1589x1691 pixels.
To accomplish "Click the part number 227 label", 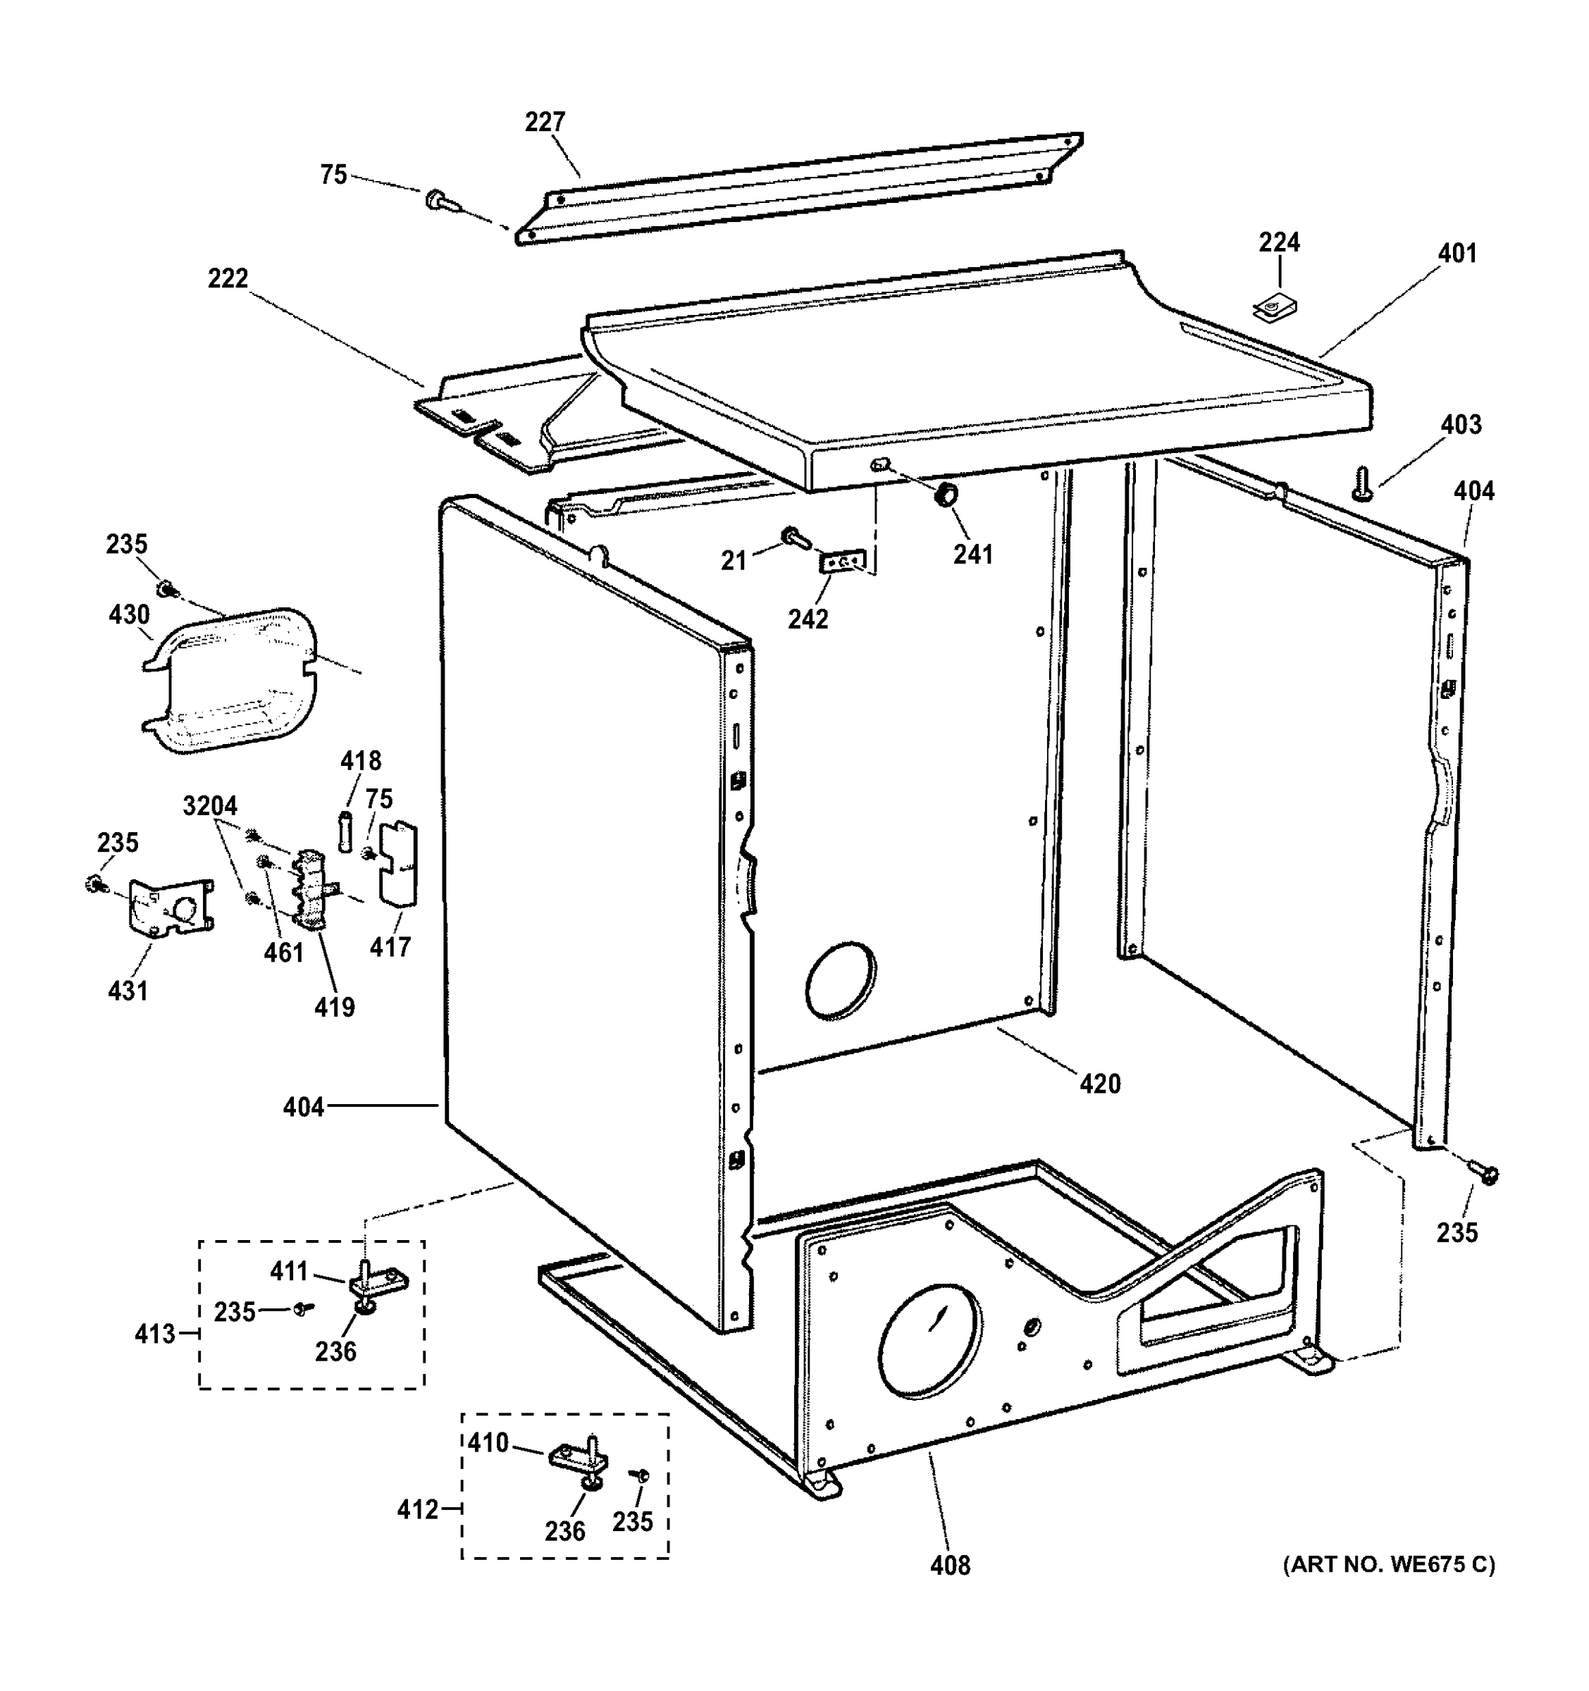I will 545,123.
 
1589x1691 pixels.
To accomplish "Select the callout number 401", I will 1457,254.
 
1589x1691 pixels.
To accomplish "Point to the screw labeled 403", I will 1360,484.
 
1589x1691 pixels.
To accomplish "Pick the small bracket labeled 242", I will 841,563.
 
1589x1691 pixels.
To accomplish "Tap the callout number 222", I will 228,278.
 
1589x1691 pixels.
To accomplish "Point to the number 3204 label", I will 210,805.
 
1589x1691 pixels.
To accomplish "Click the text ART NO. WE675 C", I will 1388,1564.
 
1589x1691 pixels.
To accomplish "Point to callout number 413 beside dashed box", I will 155,1334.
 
